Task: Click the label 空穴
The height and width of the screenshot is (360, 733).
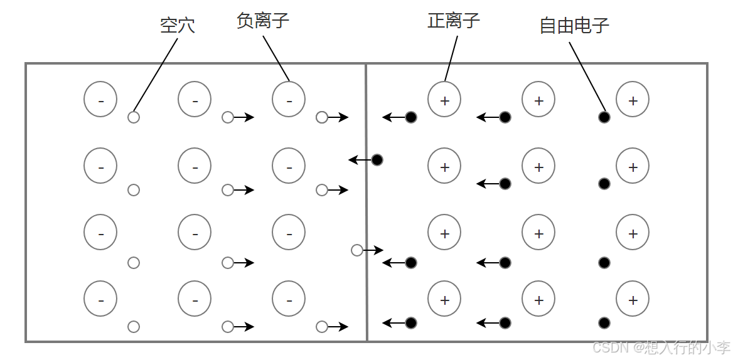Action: coord(178,26)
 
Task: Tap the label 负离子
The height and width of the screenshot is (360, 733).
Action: coord(263,21)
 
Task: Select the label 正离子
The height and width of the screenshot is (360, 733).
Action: coord(454,21)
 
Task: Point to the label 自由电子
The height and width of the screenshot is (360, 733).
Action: coord(574,26)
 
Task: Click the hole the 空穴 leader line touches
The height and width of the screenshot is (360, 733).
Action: coord(134,117)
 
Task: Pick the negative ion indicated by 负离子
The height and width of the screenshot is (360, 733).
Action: coord(289,99)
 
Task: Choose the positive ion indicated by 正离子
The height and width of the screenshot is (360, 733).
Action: coord(444,99)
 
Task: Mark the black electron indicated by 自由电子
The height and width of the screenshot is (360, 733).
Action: coord(604,117)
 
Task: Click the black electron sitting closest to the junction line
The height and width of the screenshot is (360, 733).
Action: coord(377,160)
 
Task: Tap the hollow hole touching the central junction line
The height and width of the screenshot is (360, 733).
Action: coord(357,250)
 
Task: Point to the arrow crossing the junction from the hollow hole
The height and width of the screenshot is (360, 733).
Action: coord(374,250)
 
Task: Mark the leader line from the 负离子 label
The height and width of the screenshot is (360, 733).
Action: coord(276,58)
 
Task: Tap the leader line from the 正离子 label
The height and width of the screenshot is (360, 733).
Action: coord(451,58)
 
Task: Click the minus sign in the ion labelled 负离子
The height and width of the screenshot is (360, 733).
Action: coord(289,101)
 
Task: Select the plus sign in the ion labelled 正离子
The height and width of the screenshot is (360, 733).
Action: coord(444,100)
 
